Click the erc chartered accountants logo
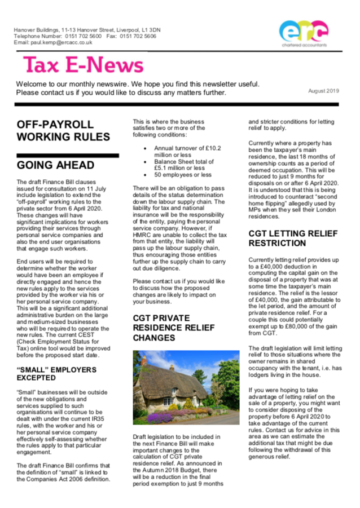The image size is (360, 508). point(302,32)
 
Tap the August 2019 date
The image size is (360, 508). point(323,90)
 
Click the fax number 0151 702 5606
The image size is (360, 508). point(138,36)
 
